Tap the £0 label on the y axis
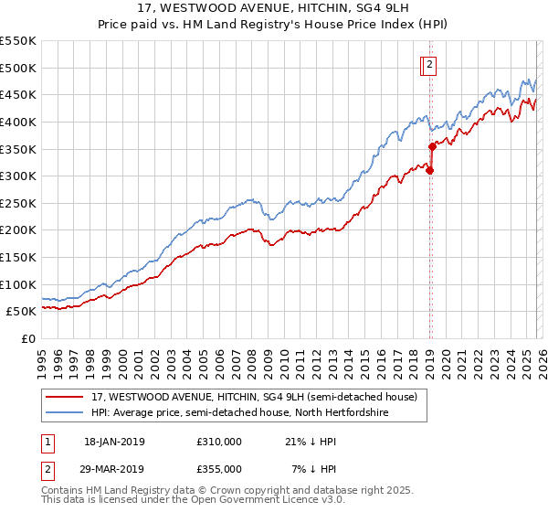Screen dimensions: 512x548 [x=27, y=338]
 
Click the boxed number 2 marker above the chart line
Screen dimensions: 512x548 [x=428, y=65]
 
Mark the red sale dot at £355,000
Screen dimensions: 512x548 [x=432, y=146]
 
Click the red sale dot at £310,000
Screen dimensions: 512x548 [x=429, y=170]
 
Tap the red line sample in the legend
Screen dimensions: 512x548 [x=67, y=397]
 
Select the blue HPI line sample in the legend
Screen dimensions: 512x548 [x=67, y=412]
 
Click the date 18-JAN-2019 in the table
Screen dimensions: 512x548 [x=114, y=442]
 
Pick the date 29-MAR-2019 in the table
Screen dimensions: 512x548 [x=114, y=468]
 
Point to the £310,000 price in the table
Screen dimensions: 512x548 [x=219, y=442]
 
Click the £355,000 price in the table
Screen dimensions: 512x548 [x=219, y=468]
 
